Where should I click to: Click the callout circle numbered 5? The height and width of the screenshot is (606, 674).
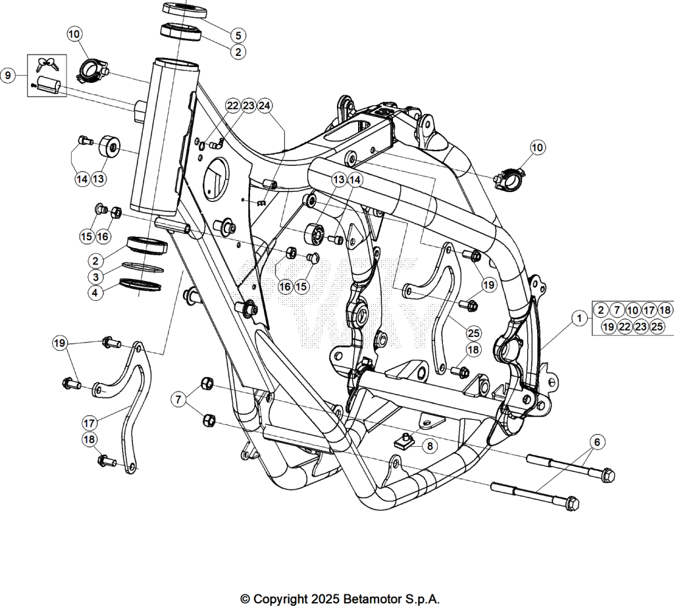[238, 36]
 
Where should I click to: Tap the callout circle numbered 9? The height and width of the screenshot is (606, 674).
[8, 76]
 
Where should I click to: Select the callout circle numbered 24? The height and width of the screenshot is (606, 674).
[265, 106]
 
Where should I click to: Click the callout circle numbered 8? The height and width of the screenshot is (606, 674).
[430, 446]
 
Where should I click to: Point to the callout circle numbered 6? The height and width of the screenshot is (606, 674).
[597, 442]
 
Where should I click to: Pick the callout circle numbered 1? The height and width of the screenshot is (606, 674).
[579, 318]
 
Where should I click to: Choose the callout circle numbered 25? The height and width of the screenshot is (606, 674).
[474, 333]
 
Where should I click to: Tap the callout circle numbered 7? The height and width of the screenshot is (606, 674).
[178, 399]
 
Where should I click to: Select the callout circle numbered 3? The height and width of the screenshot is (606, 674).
[95, 277]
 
